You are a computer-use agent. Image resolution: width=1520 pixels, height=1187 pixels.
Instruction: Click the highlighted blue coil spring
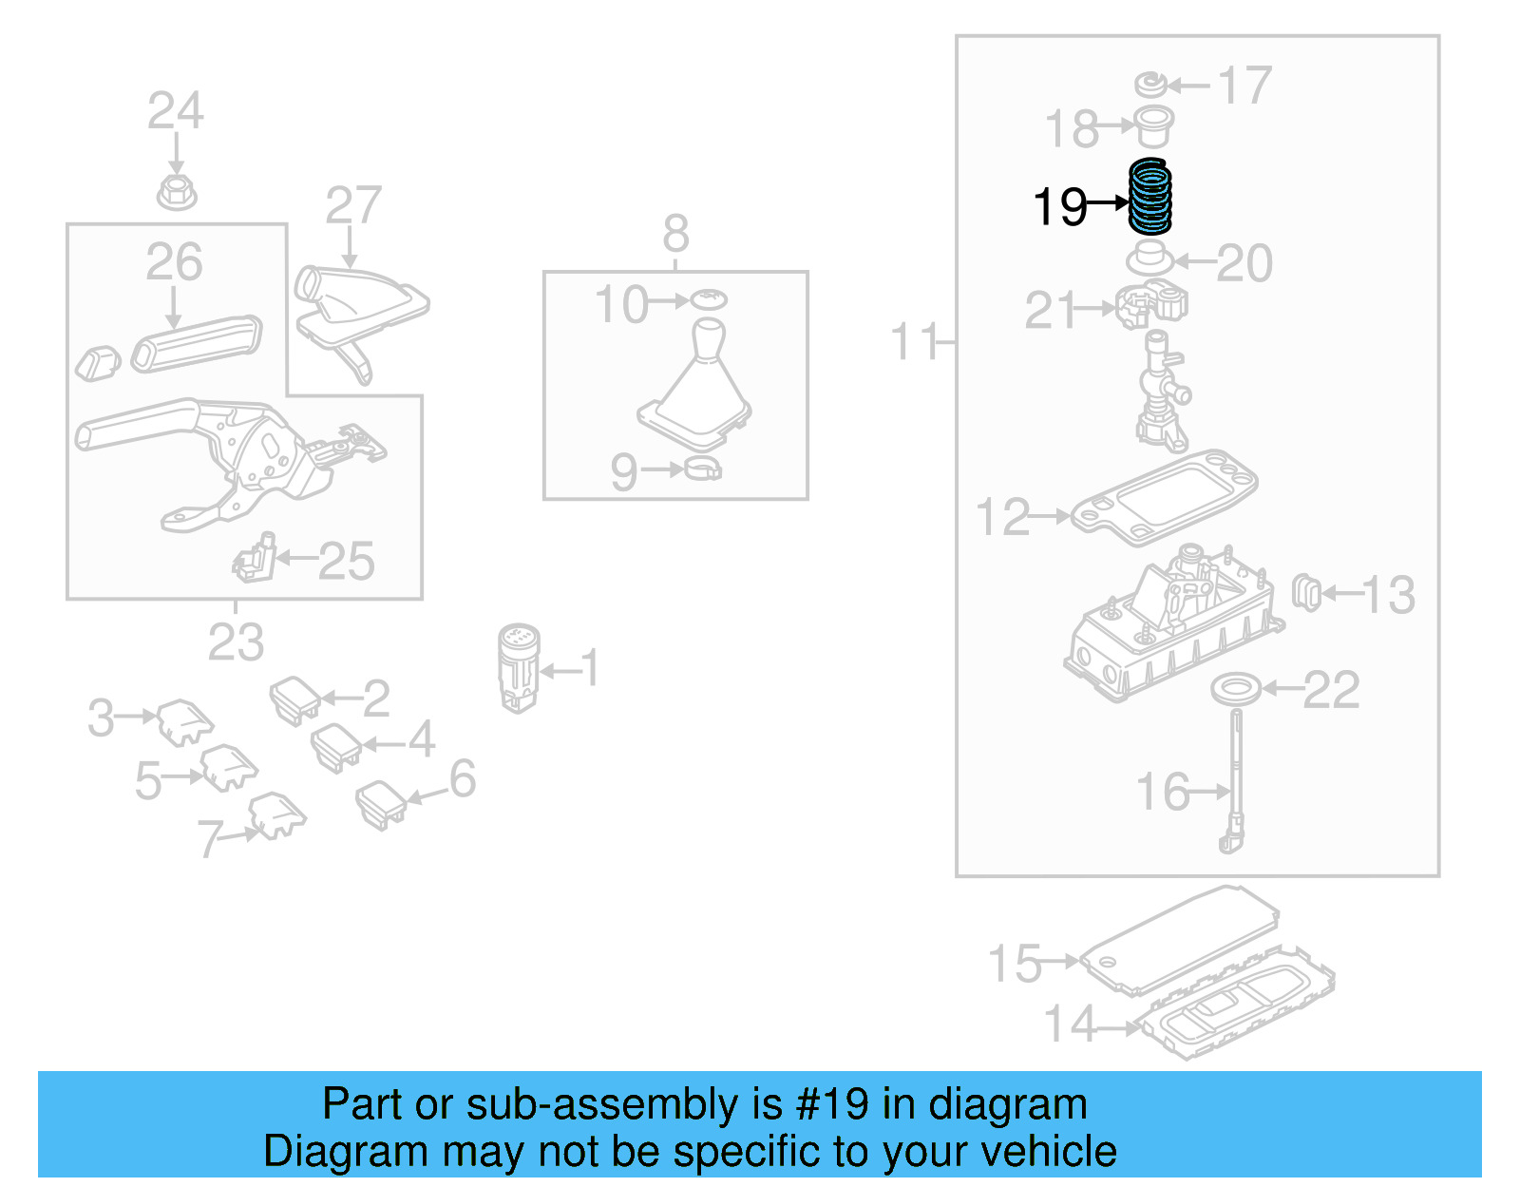[1149, 198]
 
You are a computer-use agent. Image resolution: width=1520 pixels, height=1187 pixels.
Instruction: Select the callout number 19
[1059, 206]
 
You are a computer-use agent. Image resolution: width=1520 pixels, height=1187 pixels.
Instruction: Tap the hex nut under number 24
[176, 193]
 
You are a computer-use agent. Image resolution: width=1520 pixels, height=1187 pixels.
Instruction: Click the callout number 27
[352, 205]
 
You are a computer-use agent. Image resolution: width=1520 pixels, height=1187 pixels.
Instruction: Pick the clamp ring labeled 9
[702, 469]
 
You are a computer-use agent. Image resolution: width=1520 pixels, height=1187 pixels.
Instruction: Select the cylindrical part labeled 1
[519, 667]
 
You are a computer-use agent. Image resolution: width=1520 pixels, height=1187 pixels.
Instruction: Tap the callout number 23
[236, 642]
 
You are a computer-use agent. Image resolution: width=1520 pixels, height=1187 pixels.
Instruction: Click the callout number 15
[1015, 963]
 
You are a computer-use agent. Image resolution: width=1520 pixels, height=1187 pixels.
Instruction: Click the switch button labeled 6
[380, 804]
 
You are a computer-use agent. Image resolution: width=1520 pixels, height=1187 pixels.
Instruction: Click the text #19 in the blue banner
[833, 1104]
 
